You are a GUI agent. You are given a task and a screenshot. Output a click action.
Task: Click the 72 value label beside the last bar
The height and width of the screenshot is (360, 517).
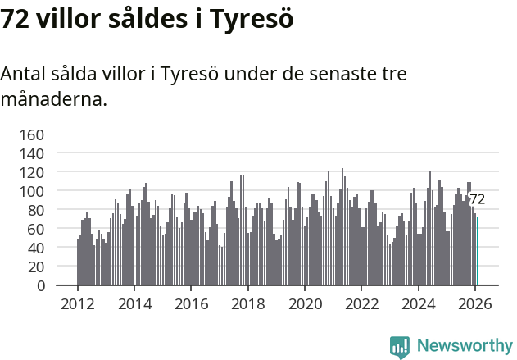477,199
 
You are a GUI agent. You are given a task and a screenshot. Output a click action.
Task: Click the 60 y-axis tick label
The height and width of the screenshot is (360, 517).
34,229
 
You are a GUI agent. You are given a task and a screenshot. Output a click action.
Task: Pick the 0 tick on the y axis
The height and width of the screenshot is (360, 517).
39,286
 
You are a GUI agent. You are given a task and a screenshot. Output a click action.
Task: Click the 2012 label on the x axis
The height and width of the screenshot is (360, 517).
78,303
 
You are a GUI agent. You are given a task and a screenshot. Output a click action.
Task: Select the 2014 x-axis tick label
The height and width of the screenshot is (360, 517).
135,303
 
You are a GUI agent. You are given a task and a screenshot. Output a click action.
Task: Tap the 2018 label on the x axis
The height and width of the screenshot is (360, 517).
248,303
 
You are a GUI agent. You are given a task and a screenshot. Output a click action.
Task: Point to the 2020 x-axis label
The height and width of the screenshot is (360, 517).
305,303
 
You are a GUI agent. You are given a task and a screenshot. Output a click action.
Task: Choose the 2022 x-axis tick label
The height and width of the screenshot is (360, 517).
361,303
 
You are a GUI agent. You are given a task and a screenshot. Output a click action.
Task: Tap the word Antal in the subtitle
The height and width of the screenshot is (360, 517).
23,74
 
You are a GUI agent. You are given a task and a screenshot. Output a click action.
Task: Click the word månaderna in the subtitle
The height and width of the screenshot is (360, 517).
53,101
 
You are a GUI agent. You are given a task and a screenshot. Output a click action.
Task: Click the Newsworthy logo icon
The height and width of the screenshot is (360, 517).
400,347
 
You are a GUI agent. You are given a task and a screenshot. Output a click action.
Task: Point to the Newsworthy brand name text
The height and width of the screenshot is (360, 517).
465,346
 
